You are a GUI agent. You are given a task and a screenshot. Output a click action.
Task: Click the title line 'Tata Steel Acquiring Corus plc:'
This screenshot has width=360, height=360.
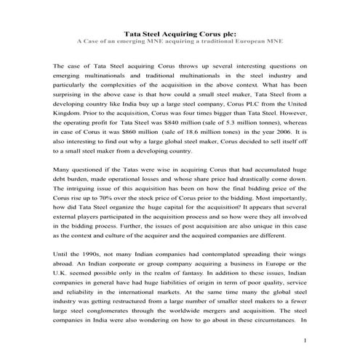(x=180, y=33)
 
